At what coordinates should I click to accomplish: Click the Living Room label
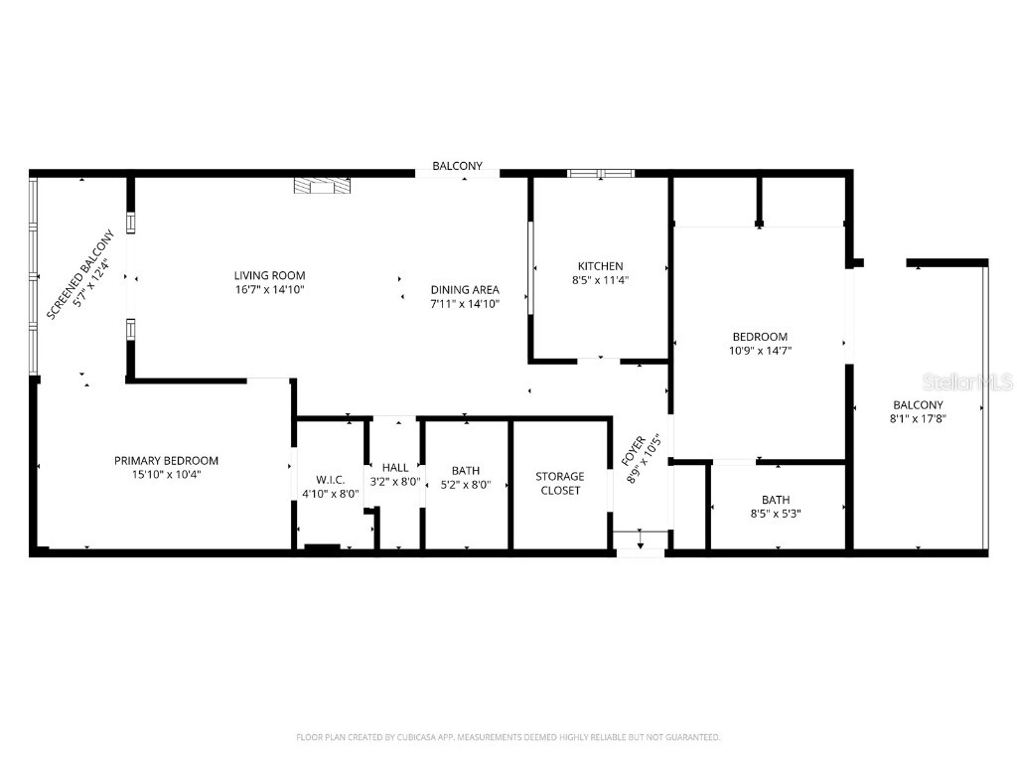(269, 275)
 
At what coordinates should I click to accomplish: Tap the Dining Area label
(465, 289)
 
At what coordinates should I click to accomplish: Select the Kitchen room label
(601, 265)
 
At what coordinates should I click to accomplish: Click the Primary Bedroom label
(166, 460)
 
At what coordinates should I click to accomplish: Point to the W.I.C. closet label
(331, 480)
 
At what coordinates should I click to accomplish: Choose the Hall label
(395, 467)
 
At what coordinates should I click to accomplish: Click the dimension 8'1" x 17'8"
(918, 418)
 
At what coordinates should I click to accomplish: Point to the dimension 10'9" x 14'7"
(760, 350)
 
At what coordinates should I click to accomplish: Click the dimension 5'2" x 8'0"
(466, 484)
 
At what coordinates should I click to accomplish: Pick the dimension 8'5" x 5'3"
(776, 514)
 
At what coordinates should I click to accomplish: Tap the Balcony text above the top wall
(457, 166)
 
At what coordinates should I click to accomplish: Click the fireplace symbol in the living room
(322, 185)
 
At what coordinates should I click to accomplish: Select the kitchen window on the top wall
(601, 174)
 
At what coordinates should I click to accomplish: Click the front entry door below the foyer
(641, 541)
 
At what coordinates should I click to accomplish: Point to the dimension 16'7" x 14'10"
(269, 289)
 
